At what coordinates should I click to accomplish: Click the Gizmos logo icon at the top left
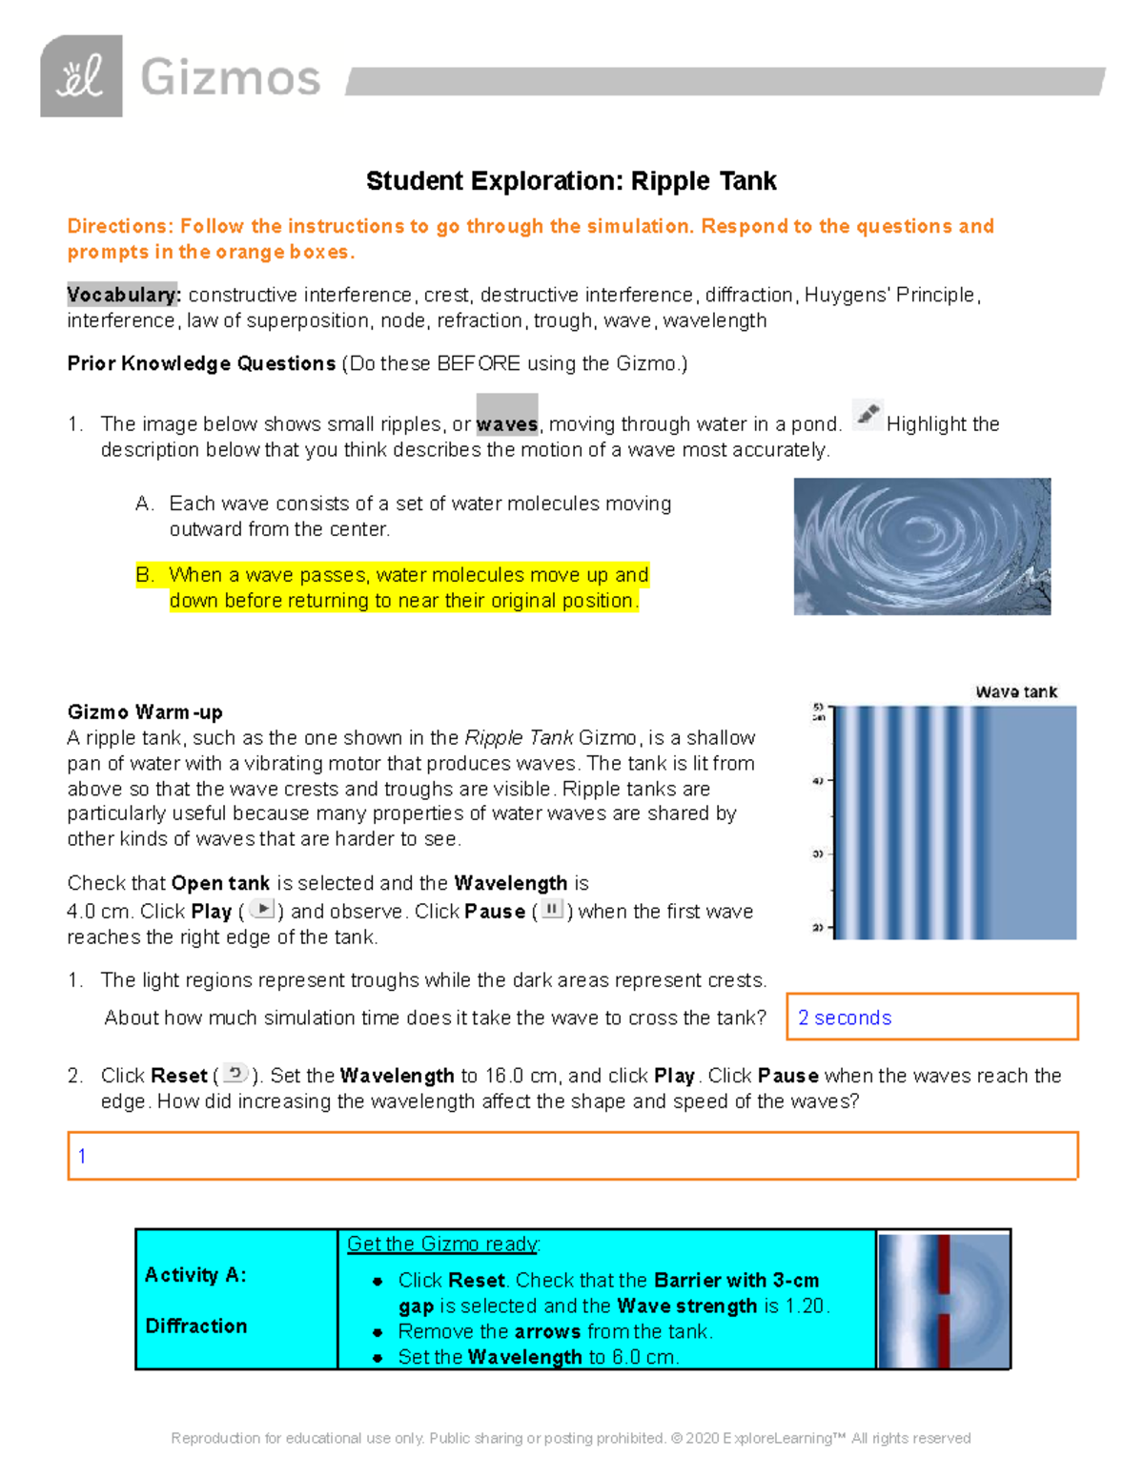point(81,76)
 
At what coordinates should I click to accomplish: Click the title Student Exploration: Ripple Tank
point(571,181)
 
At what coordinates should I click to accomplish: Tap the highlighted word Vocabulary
point(123,295)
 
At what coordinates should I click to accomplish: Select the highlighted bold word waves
point(507,423)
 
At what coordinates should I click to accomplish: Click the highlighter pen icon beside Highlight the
point(867,415)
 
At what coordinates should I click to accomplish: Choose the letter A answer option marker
point(144,504)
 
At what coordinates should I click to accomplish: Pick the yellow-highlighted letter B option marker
point(145,575)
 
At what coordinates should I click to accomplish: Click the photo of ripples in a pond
point(922,546)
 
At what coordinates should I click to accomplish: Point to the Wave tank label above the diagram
point(1016,691)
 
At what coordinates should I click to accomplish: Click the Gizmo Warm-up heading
point(145,712)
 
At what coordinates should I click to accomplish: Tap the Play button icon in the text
point(262,909)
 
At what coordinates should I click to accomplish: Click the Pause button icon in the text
point(552,909)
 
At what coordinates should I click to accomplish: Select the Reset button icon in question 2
point(235,1074)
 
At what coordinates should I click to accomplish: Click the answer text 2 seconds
point(845,1018)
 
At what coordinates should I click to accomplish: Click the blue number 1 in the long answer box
point(82,1156)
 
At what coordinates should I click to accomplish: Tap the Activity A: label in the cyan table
point(195,1275)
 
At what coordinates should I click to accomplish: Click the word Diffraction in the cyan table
point(196,1326)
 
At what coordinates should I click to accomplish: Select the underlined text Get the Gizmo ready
point(443,1244)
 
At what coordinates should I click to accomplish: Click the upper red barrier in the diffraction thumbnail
point(943,1264)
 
